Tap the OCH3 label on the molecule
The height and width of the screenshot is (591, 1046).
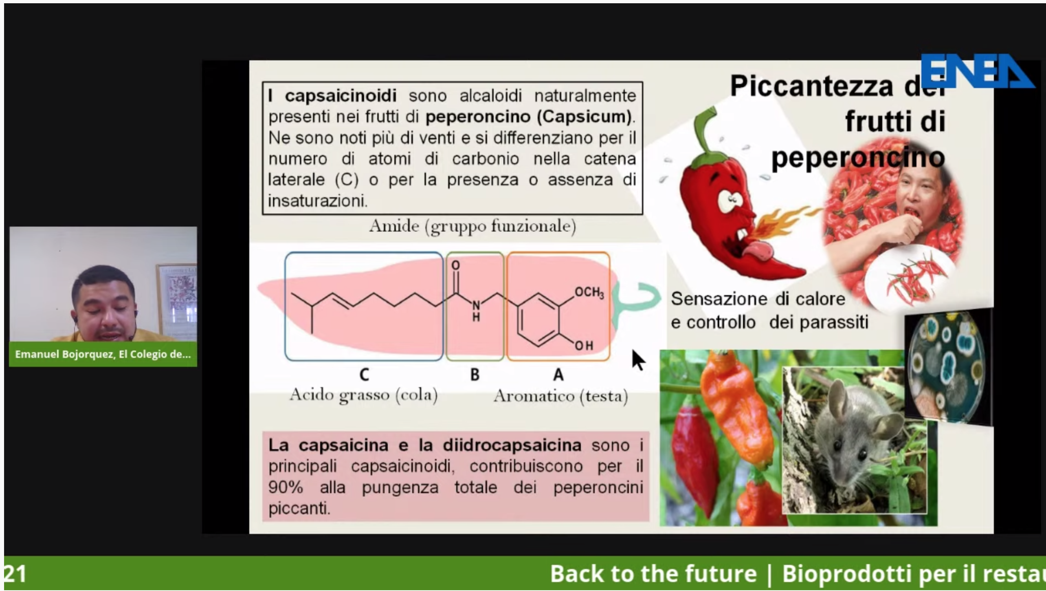(x=589, y=292)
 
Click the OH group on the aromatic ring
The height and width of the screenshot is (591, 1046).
(x=584, y=346)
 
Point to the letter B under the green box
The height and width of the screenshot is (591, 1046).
(x=475, y=375)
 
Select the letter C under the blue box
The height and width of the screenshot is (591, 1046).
(x=364, y=375)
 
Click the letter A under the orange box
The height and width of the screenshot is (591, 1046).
(x=558, y=375)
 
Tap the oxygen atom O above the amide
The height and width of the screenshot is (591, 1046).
(x=455, y=265)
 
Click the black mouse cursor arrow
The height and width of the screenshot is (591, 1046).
(x=638, y=359)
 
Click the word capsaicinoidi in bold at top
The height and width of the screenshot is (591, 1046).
(x=341, y=96)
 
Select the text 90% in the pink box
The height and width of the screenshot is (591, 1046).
(x=286, y=487)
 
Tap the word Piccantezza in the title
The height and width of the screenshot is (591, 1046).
(x=811, y=86)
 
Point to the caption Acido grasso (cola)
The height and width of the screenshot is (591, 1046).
(x=363, y=395)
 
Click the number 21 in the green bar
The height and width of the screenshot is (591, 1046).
(x=15, y=574)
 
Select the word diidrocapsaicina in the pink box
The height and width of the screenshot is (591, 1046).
(x=512, y=445)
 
